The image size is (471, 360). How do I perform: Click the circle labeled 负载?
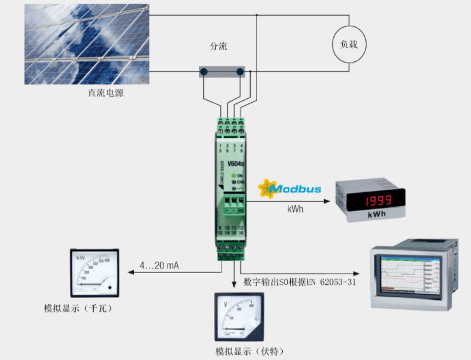point(348,45)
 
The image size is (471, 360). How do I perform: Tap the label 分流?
point(218,47)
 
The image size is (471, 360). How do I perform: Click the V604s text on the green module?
point(235,165)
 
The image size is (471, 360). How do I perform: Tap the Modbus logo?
point(290,188)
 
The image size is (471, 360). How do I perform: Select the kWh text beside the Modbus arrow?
point(296,209)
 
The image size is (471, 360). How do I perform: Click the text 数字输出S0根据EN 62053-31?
point(300,283)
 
